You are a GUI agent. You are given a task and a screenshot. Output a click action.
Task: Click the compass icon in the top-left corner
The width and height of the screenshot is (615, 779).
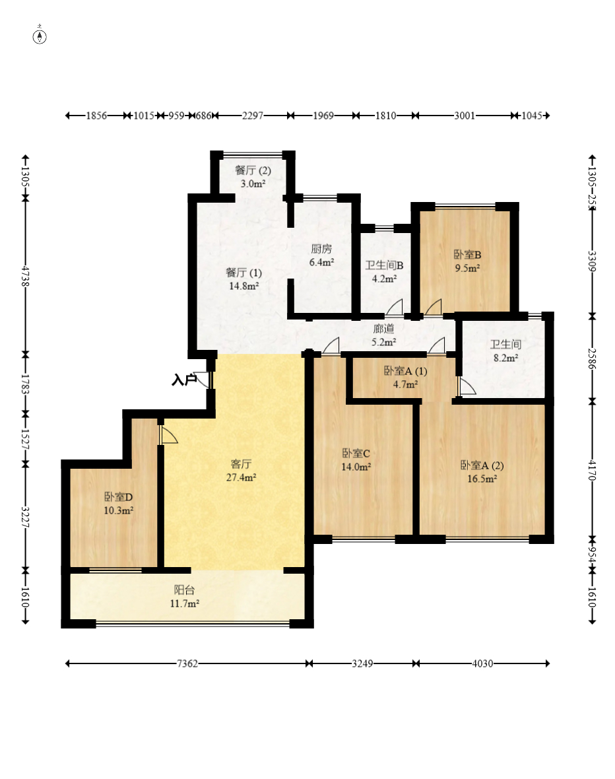(40, 36)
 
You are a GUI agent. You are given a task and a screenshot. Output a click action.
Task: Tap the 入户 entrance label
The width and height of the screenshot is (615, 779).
(184, 380)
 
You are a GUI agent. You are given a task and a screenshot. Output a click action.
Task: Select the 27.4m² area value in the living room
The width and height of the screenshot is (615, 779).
(241, 477)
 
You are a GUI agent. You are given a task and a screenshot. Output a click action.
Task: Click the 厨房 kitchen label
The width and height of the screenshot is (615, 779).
(321, 248)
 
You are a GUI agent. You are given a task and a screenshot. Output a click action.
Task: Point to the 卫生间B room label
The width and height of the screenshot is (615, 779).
(385, 265)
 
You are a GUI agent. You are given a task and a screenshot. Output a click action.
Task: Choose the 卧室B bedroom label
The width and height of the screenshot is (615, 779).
(467, 255)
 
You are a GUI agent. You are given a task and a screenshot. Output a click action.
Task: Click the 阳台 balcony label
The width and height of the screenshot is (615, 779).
(184, 590)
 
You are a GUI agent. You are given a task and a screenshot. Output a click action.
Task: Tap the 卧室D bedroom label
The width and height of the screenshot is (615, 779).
(118, 497)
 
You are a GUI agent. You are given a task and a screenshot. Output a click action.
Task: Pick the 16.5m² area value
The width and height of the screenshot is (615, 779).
(482, 479)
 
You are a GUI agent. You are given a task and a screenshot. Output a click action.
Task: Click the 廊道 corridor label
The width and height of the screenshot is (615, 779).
(383, 328)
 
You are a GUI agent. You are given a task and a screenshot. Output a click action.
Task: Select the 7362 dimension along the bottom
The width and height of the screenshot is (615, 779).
(187, 663)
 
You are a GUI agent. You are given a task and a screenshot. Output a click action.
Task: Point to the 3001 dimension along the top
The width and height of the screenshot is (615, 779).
(465, 116)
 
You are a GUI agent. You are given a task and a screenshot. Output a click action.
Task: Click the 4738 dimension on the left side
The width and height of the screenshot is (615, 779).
(25, 277)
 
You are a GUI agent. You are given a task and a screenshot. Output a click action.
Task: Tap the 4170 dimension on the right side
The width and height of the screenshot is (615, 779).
(592, 470)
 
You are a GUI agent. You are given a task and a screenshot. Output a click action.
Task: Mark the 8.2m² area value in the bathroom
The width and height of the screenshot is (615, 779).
(505, 358)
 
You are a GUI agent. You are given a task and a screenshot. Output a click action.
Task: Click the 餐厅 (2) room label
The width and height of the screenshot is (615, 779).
(253, 170)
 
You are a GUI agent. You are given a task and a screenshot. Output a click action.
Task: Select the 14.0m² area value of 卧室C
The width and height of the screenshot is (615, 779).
(356, 467)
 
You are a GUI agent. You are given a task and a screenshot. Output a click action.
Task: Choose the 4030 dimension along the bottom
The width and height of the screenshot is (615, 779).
(482, 663)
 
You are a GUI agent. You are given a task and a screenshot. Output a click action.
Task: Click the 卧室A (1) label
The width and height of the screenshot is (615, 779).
(405, 371)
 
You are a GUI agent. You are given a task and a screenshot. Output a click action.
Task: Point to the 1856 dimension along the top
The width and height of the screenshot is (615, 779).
(96, 116)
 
